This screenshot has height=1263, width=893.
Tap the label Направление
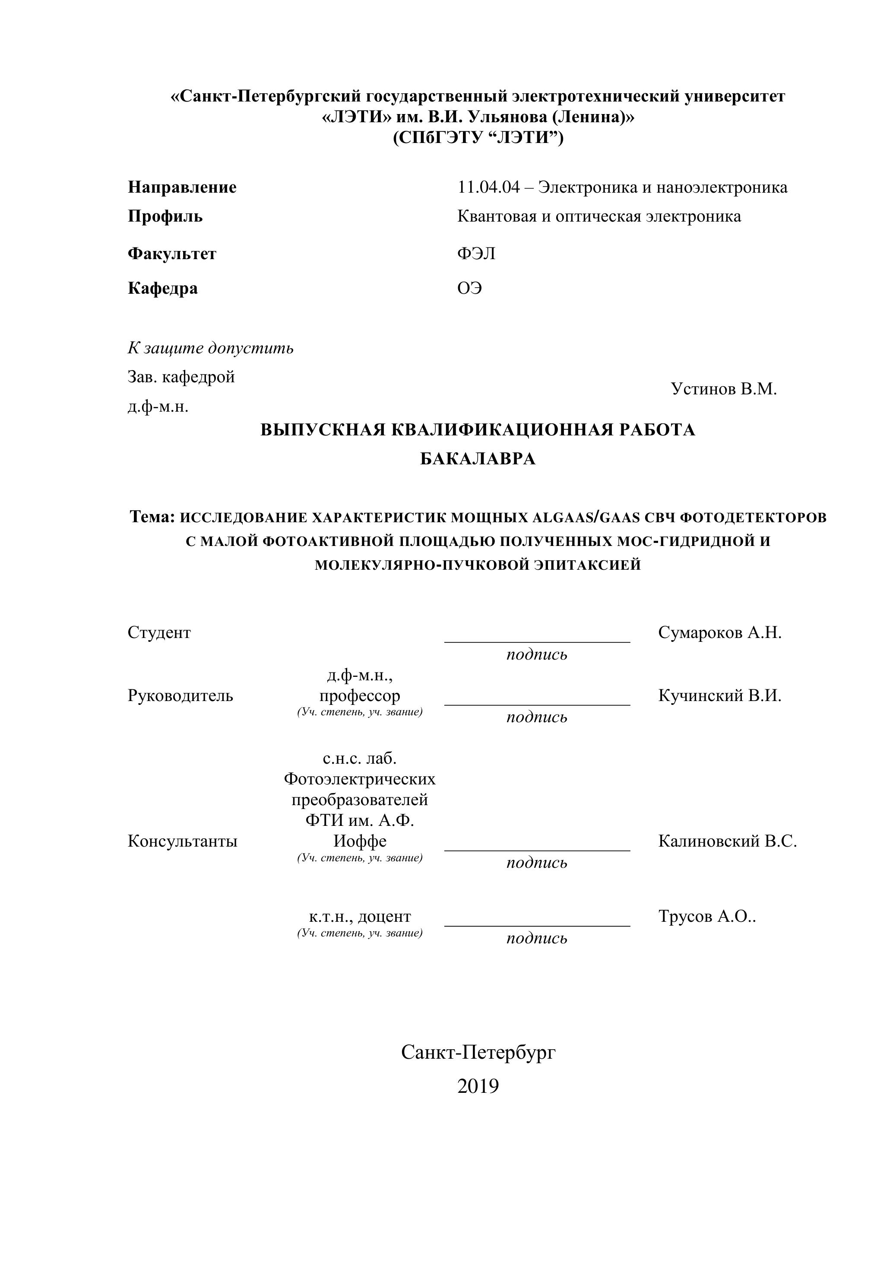coord(182,187)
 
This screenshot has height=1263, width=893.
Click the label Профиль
coord(165,216)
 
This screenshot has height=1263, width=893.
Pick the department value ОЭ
coord(469,288)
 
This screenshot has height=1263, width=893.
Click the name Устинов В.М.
coord(724,389)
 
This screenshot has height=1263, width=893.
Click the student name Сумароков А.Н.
coord(719,633)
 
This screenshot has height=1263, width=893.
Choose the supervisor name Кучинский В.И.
coord(719,695)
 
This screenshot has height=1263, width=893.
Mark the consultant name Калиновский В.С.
coord(727,841)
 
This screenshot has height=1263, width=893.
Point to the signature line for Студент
coord(537,641)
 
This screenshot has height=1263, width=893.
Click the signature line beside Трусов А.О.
coord(537,925)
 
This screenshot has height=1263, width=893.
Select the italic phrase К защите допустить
coord(211,348)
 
